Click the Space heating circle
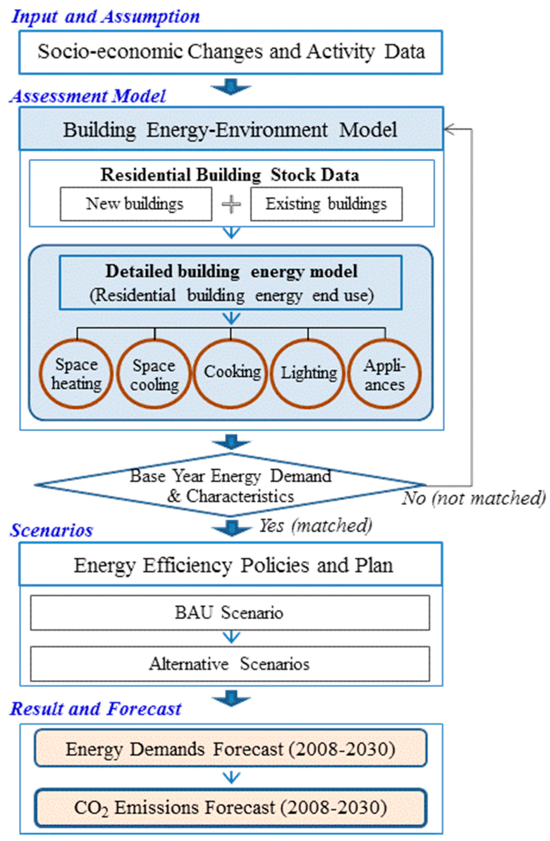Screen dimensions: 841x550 coord(76,374)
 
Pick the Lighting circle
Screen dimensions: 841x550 coord(308,374)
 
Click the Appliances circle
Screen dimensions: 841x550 coord(385,374)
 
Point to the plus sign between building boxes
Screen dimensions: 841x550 coord(231,204)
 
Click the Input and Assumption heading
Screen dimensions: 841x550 coord(105,16)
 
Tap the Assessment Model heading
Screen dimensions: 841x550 coord(88,96)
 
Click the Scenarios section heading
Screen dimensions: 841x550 coord(51,530)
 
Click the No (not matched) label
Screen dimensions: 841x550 coord(474,498)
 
